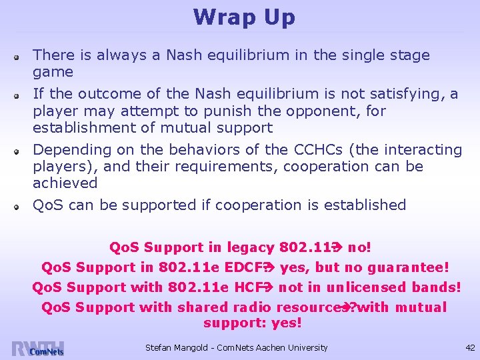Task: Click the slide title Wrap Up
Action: tap(244, 17)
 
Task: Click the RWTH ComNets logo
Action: tap(38, 348)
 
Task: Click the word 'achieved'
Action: tap(65, 183)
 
